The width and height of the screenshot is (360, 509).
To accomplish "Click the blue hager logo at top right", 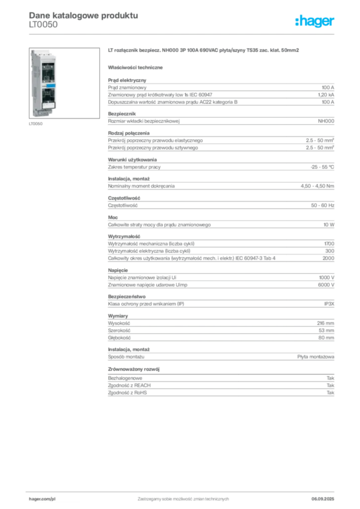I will [x=315, y=22].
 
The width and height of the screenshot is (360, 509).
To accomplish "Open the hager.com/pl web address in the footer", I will [x=42, y=498].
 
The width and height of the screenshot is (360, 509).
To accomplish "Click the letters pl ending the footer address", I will [x=53, y=498].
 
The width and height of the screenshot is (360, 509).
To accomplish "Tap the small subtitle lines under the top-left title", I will [x=44, y=27].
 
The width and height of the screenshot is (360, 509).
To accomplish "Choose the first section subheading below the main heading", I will [x=137, y=67].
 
